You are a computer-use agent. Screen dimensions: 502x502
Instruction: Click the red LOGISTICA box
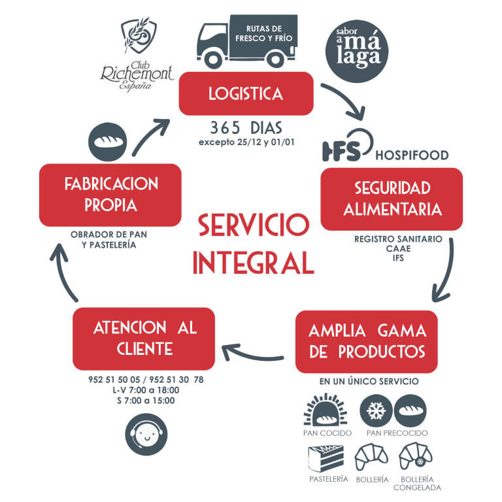click(x=246, y=93)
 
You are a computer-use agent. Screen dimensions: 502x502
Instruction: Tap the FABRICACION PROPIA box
click(x=110, y=195)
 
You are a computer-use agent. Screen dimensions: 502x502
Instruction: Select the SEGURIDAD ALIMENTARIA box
click(x=392, y=199)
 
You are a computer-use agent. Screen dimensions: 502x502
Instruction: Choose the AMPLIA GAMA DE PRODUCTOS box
click(x=367, y=342)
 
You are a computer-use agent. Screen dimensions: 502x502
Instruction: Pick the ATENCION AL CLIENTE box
click(x=144, y=339)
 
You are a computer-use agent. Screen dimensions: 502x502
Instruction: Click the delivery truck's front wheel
click(x=213, y=59)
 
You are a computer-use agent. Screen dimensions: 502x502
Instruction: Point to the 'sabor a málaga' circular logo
click(x=357, y=51)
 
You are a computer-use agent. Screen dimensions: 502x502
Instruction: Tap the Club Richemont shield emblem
click(x=139, y=35)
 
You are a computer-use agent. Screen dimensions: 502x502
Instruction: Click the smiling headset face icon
click(x=146, y=435)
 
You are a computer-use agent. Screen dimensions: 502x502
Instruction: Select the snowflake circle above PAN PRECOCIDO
click(x=376, y=410)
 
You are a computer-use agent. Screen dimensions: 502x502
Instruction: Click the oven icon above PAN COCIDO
click(x=326, y=410)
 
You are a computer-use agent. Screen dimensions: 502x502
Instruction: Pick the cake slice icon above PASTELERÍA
click(x=326, y=458)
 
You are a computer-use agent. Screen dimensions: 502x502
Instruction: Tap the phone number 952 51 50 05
click(x=114, y=380)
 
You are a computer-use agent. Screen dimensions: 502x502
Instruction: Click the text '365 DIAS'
click(x=246, y=127)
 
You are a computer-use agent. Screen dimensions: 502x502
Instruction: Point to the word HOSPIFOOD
click(x=412, y=156)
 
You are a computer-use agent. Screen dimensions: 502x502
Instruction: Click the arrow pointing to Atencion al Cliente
click(x=252, y=354)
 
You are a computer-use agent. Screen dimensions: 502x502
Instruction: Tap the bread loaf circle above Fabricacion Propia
click(x=108, y=141)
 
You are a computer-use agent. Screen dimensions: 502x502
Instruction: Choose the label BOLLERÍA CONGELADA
click(x=417, y=484)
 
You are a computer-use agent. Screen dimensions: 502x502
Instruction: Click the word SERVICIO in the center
click(x=254, y=225)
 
